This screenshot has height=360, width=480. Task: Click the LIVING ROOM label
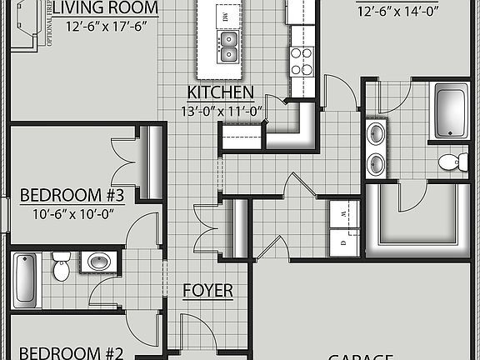pyautogui.click(x=104, y=7)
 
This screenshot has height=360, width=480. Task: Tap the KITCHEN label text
pyautogui.click(x=221, y=92)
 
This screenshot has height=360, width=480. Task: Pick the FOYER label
pyautogui.click(x=207, y=291)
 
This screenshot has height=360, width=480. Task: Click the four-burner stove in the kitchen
pyautogui.click(x=302, y=61)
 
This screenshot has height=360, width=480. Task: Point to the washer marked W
pyautogui.click(x=344, y=214)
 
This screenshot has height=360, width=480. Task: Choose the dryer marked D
pyautogui.click(x=344, y=242)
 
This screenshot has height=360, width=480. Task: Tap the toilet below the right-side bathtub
pyautogui.click(x=451, y=161)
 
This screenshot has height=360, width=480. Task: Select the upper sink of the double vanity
pyautogui.click(x=376, y=132)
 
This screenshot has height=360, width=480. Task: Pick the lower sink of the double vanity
pyautogui.click(x=376, y=162)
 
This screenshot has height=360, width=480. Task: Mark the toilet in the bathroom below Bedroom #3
pyautogui.click(x=61, y=267)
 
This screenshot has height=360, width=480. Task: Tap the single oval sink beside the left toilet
pyautogui.click(x=100, y=262)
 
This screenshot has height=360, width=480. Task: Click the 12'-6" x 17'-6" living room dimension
pyautogui.click(x=104, y=25)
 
